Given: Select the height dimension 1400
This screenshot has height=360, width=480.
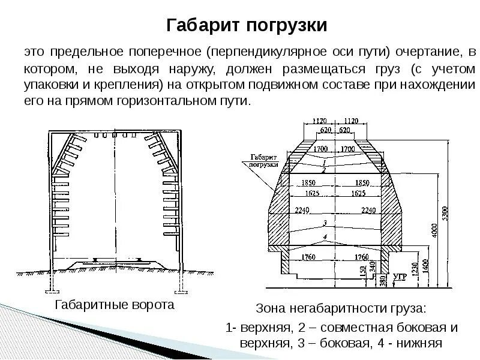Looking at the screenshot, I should tap(425, 264).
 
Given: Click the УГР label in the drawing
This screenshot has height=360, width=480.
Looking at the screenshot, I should tap(400, 277).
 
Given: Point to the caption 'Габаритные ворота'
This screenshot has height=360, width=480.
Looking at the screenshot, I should tap(114, 305).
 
